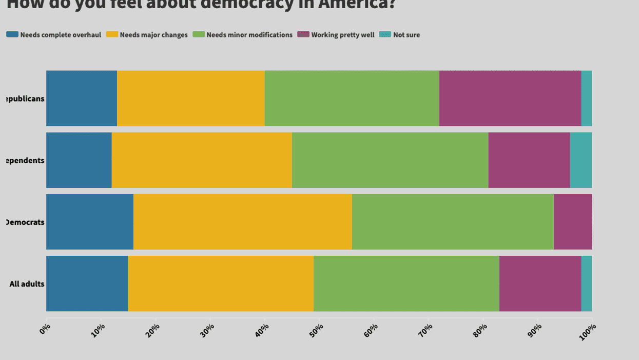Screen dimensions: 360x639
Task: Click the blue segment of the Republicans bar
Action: pos(82,99)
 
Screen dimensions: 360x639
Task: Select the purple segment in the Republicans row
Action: pos(510,99)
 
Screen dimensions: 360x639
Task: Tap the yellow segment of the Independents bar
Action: pos(202,160)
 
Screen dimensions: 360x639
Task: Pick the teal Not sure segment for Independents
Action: pos(581,160)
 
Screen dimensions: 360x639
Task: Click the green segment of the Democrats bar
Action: pos(453,222)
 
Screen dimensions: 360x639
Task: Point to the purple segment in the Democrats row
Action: pos(573,222)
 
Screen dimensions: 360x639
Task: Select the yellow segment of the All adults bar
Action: pos(221,283)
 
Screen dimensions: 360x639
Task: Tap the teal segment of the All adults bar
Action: pos(587,283)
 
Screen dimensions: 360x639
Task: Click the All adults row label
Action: pos(27,284)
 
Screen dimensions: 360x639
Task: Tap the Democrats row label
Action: pos(25,222)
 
